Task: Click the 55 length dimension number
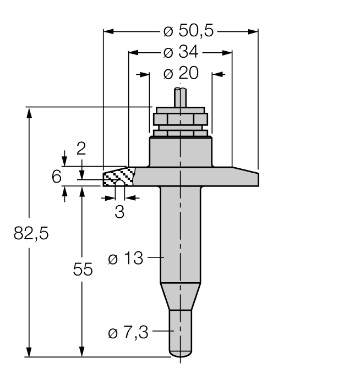coord(83,269)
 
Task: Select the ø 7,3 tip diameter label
coord(128,332)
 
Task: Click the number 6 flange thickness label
coord(56,177)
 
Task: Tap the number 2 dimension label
coord(81,148)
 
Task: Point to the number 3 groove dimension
coord(119,211)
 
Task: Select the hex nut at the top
coord(180,120)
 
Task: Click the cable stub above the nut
coord(180,99)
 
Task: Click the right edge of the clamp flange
coord(257,177)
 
